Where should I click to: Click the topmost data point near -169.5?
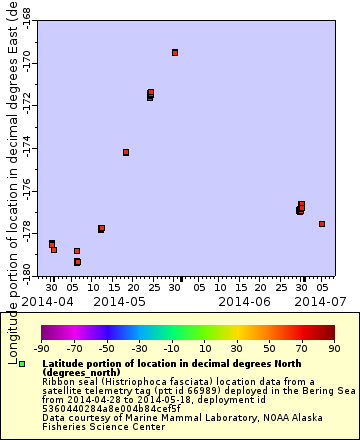point(175,52)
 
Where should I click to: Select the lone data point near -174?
point(126,152)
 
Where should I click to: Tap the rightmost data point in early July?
point(322,224)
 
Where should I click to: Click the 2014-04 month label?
point(47,300)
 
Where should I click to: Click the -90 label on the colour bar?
point(42,348)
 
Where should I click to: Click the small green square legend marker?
point(22,364)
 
